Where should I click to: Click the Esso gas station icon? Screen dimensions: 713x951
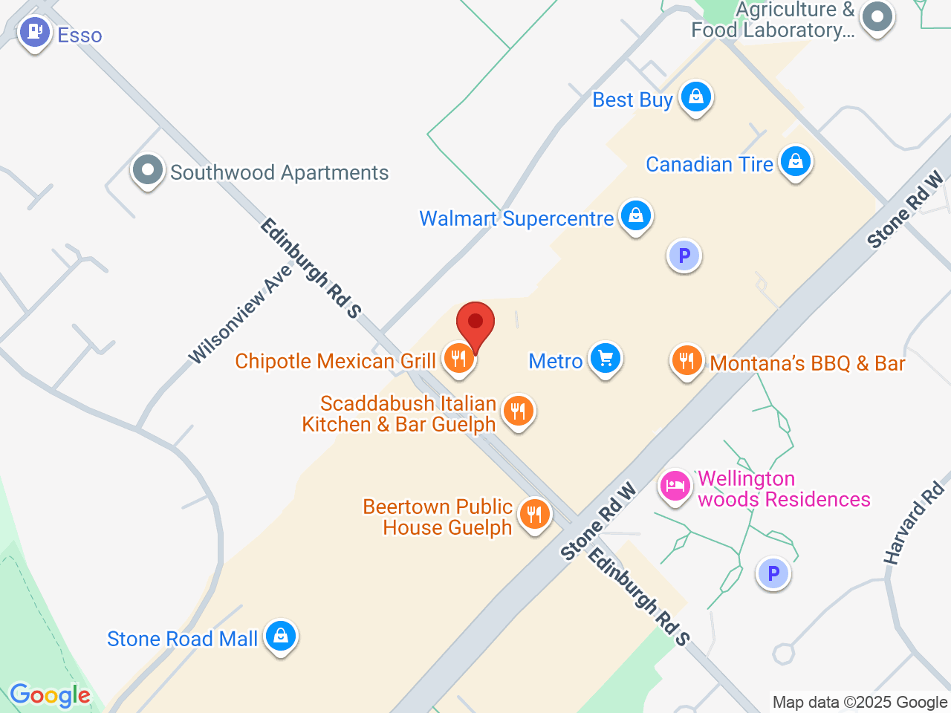click(34, 33)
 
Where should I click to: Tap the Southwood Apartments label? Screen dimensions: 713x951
click(279, 172)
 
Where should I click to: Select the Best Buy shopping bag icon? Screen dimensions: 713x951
click(696, 97)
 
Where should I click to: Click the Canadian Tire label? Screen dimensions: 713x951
click(710, 164)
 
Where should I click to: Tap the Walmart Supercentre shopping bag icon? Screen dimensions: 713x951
click(635, 215)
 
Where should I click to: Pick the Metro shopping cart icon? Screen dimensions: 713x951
click(606, 359)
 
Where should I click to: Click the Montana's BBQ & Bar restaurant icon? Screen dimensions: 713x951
click(687, 361)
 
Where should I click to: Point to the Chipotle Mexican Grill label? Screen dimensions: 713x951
click(335, 361)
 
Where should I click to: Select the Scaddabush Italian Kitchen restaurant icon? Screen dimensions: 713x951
click(519, 410)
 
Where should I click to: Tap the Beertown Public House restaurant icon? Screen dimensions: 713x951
click(534, 513)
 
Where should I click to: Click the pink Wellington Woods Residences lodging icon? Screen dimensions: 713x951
click(675, 486)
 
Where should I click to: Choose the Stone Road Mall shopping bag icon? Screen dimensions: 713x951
click(281, 636)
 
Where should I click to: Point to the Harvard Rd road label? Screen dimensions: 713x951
click(914, 523)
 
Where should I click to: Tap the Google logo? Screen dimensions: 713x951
click(50, 696)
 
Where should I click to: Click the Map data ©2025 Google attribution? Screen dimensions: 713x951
click(860, 702)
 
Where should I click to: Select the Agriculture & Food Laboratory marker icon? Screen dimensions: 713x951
click(877, 17)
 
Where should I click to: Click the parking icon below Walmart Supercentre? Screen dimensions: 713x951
click(684, 256)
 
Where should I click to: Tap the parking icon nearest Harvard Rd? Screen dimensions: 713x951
click(773, 574)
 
